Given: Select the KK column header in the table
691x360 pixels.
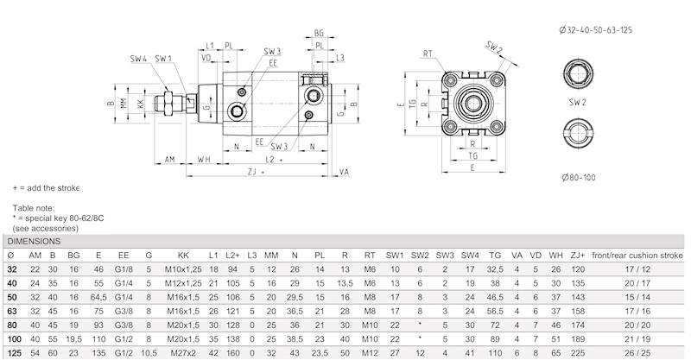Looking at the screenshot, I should coord(182,256).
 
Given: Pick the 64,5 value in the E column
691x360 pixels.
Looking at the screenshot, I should coord(99,296).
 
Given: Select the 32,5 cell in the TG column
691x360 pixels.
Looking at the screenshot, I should coord(495,269).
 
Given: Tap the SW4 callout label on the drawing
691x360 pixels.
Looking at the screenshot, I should coord(138,59).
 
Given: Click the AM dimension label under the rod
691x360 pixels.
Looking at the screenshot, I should coord(169,161).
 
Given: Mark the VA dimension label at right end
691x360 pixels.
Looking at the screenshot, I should coord(344,173).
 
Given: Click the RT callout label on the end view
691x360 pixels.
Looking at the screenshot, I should coord(428,54).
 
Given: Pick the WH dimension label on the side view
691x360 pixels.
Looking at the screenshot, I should coord(204,161).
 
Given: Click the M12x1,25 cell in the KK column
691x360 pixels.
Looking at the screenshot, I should coord(182,282).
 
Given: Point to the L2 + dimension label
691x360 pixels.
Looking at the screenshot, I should coord(276,161).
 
